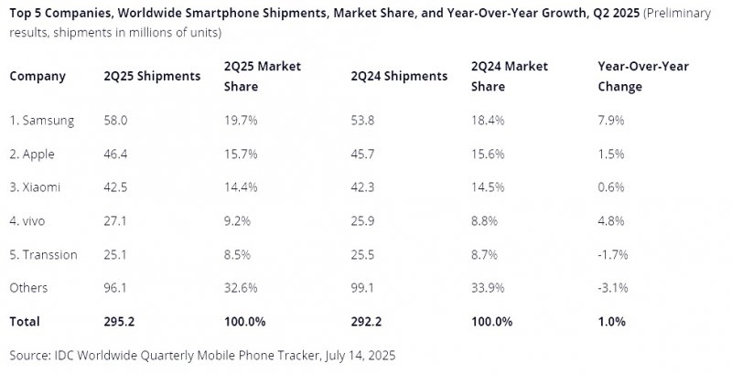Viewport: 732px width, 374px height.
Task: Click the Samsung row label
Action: (x=41, y=121)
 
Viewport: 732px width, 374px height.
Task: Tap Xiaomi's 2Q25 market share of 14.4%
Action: (x=242, y=187)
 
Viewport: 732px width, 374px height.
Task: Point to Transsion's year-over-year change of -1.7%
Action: (x=611, y=254)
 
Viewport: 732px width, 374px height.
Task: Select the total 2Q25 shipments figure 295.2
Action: (x=124, y=322)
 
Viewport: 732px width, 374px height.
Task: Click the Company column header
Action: (x=37, y=77)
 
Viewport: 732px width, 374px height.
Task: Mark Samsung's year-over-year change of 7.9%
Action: (x=609, y=121)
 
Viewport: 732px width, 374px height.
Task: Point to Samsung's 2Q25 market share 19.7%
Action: (x=242, y=121)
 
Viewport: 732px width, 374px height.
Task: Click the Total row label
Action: (x=26, y=322)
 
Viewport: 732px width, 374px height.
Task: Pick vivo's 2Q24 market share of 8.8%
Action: (x=485, y=220)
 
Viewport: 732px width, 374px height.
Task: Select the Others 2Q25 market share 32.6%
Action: (x=242, y=288)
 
